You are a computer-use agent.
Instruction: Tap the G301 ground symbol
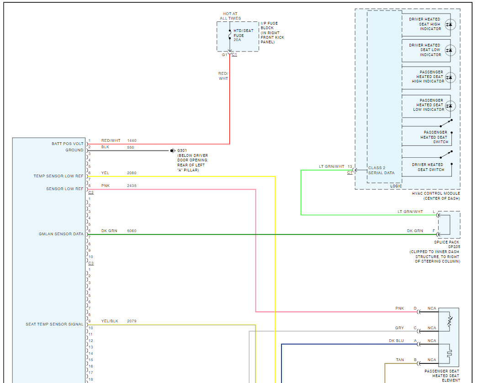pyautogui.click(x=173, y=150)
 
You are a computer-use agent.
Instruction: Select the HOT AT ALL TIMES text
pyautogui.click(x=230, y=16)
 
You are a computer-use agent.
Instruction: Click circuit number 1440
pyautogui.click(x=132, y=140)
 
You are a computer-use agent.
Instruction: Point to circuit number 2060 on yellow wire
pyautogui.click(x=132, y=173)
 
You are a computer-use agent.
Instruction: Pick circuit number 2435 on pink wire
pyautogui.click(x=132, y=186)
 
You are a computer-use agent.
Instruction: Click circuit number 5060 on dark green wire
pyautogui.click(x=132, y=231)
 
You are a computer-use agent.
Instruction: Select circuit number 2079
pyautogui.click(x=132, y=321)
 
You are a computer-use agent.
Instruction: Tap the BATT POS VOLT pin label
pyautogui.click(x=68, y=144)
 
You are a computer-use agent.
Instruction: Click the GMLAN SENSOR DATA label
pyautogui.click(x=61, y=234)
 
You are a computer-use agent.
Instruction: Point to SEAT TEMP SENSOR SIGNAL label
pyautogui.click(x=54, y=324)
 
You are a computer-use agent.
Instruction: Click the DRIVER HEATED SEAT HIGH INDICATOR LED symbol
pyautogui.click(x=449, y=24)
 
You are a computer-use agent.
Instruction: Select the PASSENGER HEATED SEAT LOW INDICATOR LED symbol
pyautogui.click(x=449, y=106)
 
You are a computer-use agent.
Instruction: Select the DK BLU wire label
pyautogui.click(x=396, y=341)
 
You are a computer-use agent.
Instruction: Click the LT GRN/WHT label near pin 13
pyautogui.click(x=332, y=166)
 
